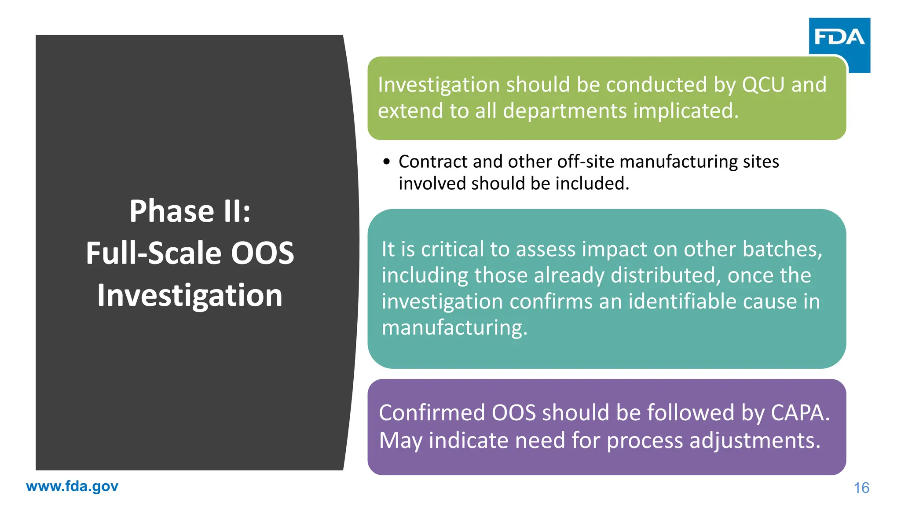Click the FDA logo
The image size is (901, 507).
839,37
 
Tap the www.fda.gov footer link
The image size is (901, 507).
72,486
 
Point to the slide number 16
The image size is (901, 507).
861,488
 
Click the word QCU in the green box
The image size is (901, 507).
763,85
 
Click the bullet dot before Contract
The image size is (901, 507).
386,162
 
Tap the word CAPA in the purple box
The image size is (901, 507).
800,413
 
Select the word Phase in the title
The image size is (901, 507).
172,211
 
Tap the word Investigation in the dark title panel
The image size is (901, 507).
190,295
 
